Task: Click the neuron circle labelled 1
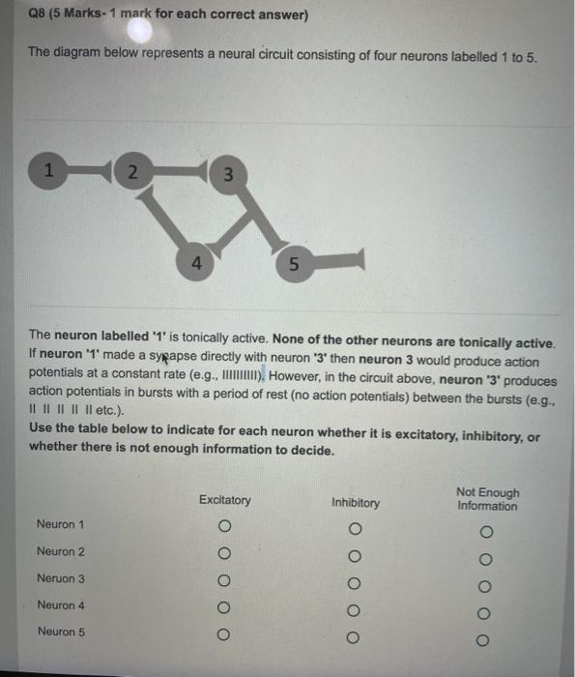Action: pyautogui.click(x=44, y=171)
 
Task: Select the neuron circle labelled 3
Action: pyautogui.click(x=226, y=175)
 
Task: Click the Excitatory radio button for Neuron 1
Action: pyautogui.click(x=224, y=527)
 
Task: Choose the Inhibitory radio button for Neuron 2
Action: pyautogui.click(x=356, y=556)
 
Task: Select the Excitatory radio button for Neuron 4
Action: pyautogui.click(x=224, y=609)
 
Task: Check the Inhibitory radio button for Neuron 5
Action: pyautogui.click(x=356, y=637)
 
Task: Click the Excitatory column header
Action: pyautogui.click(x=224, y=500)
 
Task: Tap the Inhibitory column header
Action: pyautogui.click(x=356, y=503)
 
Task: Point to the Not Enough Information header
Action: pyautogui.click(x=487, y=499)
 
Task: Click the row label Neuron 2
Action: pyautogui.click(x=61, y=551)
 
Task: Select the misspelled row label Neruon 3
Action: pyautogui.click(x=61, y=578)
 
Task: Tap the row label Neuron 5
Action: pyautogui.click(x=61, y=632)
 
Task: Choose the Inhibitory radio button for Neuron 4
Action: pyautogui.click(x=356, y=610)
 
